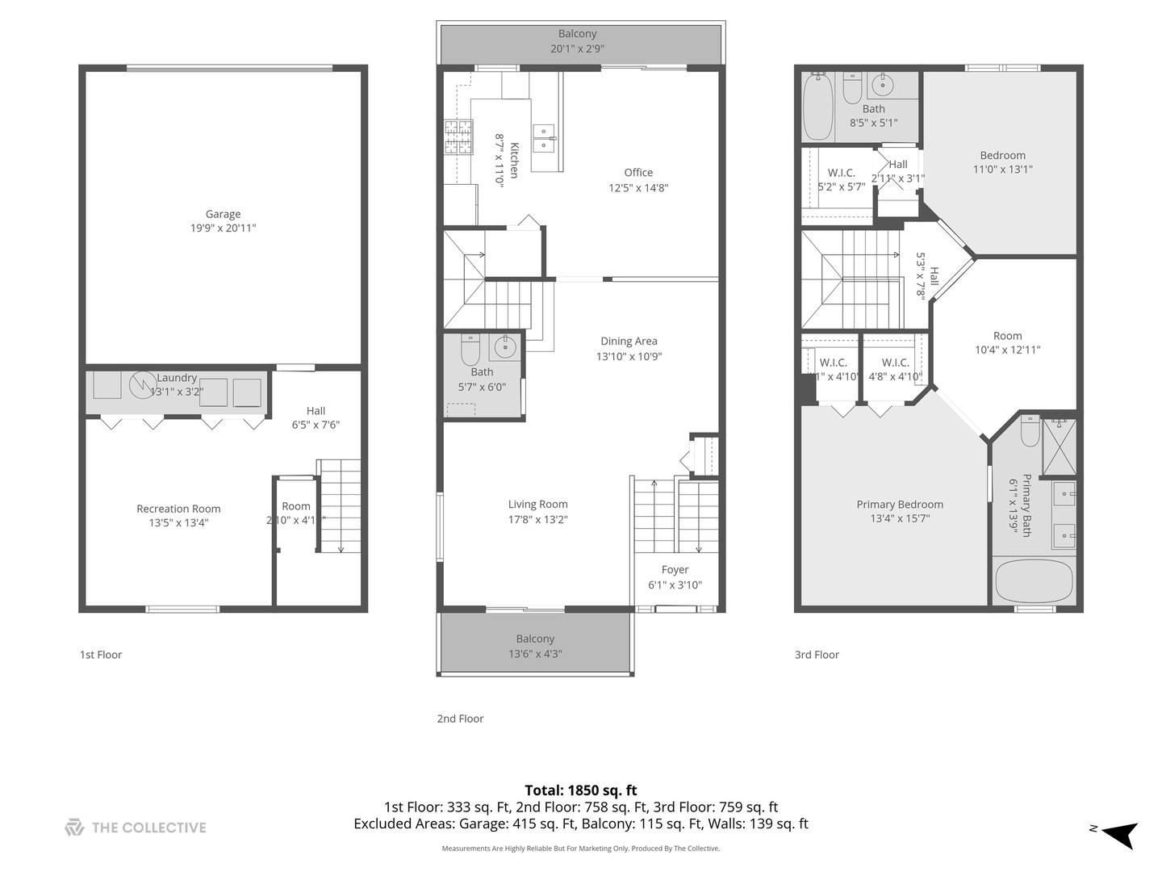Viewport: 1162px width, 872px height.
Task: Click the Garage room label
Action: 223,214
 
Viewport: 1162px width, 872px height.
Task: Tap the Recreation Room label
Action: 178,509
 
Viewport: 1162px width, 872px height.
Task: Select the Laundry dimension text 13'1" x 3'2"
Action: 177,392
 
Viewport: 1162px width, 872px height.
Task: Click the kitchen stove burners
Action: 457,137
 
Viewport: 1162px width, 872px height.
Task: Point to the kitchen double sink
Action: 543,138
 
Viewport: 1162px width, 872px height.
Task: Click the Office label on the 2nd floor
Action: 638,172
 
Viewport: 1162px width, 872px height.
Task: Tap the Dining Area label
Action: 629,341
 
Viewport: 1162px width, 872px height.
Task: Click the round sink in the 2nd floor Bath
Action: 505,347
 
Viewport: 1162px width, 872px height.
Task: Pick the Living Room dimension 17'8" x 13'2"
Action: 537,519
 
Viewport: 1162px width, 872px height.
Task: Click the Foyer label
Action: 675,569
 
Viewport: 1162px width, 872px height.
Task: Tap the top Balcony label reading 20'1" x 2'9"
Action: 578,48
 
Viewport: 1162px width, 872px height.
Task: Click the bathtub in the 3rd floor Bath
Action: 817,105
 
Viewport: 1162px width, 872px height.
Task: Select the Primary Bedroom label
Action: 900,505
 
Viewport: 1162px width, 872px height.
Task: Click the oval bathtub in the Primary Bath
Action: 1034,581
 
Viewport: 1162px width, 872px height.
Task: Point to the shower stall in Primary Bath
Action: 1059,446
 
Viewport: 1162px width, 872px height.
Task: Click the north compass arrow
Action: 1119,834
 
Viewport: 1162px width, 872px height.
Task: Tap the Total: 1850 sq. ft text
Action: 581,790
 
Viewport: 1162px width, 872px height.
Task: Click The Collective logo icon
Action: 74,828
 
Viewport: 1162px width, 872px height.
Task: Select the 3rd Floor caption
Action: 817,655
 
